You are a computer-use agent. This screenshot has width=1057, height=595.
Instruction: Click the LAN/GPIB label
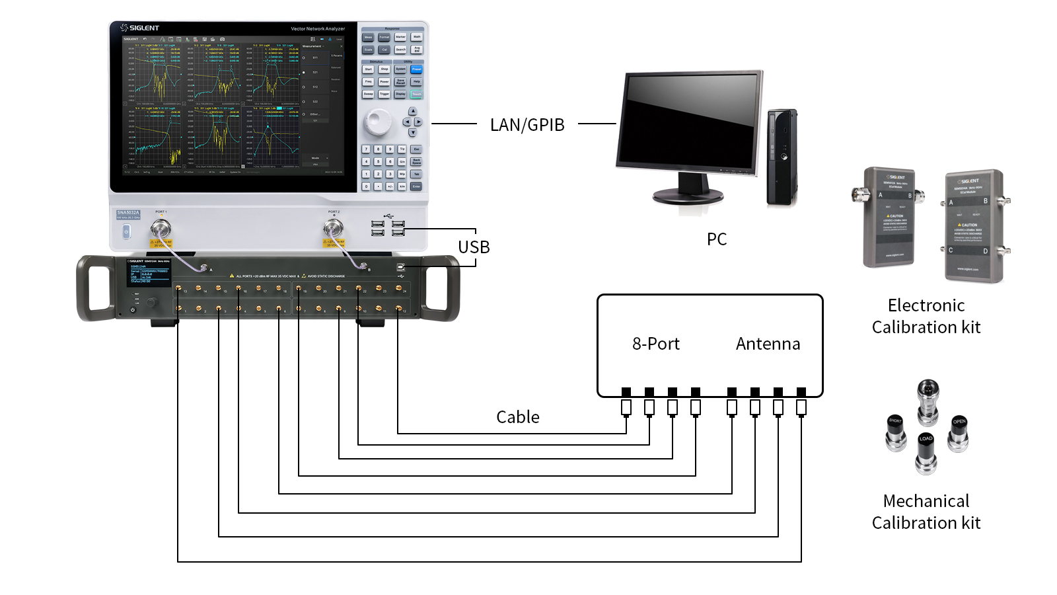coord(527,125)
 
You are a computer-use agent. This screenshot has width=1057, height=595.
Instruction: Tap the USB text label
coord(474,247)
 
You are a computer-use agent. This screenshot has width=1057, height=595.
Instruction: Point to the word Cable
coord(518,417)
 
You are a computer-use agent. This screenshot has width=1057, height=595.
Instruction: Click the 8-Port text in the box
coord(655,344)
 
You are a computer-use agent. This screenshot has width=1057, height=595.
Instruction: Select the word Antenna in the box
coord(768,344)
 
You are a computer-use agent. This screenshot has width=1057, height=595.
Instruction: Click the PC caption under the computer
coord(717,239)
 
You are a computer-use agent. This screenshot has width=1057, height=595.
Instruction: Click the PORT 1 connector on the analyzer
coord(161,229)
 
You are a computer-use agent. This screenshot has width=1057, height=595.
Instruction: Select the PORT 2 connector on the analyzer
coord(333,229)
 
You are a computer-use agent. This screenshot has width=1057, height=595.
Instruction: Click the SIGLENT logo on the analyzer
coord(140,28)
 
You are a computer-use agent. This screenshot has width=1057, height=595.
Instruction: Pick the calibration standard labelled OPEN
coord(959,432)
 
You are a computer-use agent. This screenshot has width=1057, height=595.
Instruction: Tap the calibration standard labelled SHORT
coord(896,431)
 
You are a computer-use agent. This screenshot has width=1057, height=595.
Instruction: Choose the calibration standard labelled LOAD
coord(926,452)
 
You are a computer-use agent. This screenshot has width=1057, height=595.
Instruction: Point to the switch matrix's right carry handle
coord(442,288)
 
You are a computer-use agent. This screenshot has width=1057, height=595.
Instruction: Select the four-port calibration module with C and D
coord(974,225)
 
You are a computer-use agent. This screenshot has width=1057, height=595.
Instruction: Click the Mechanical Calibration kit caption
coord(926,512)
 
